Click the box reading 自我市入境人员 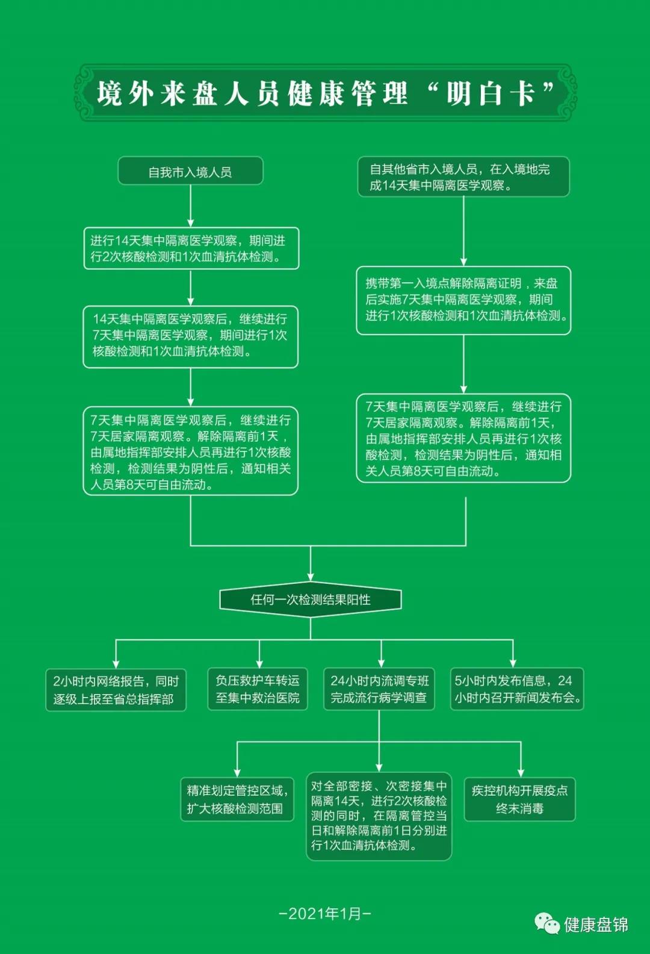(190, 171)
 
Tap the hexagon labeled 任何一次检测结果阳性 (311, 599)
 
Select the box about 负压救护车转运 (258, 689)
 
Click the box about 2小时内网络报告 (116, 690)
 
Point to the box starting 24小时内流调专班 (379, 689)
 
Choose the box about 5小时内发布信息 (517, 689)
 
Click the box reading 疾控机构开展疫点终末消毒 (519, 799)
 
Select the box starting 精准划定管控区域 (237, 799)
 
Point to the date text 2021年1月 (325, 914)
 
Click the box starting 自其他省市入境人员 (463, 177)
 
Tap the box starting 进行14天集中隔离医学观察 (191, 249)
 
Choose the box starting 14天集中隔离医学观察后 (190, 336)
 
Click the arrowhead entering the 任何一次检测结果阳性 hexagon (311, 577)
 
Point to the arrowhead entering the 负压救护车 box (259, 664)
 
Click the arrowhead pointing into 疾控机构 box (521, 773)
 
